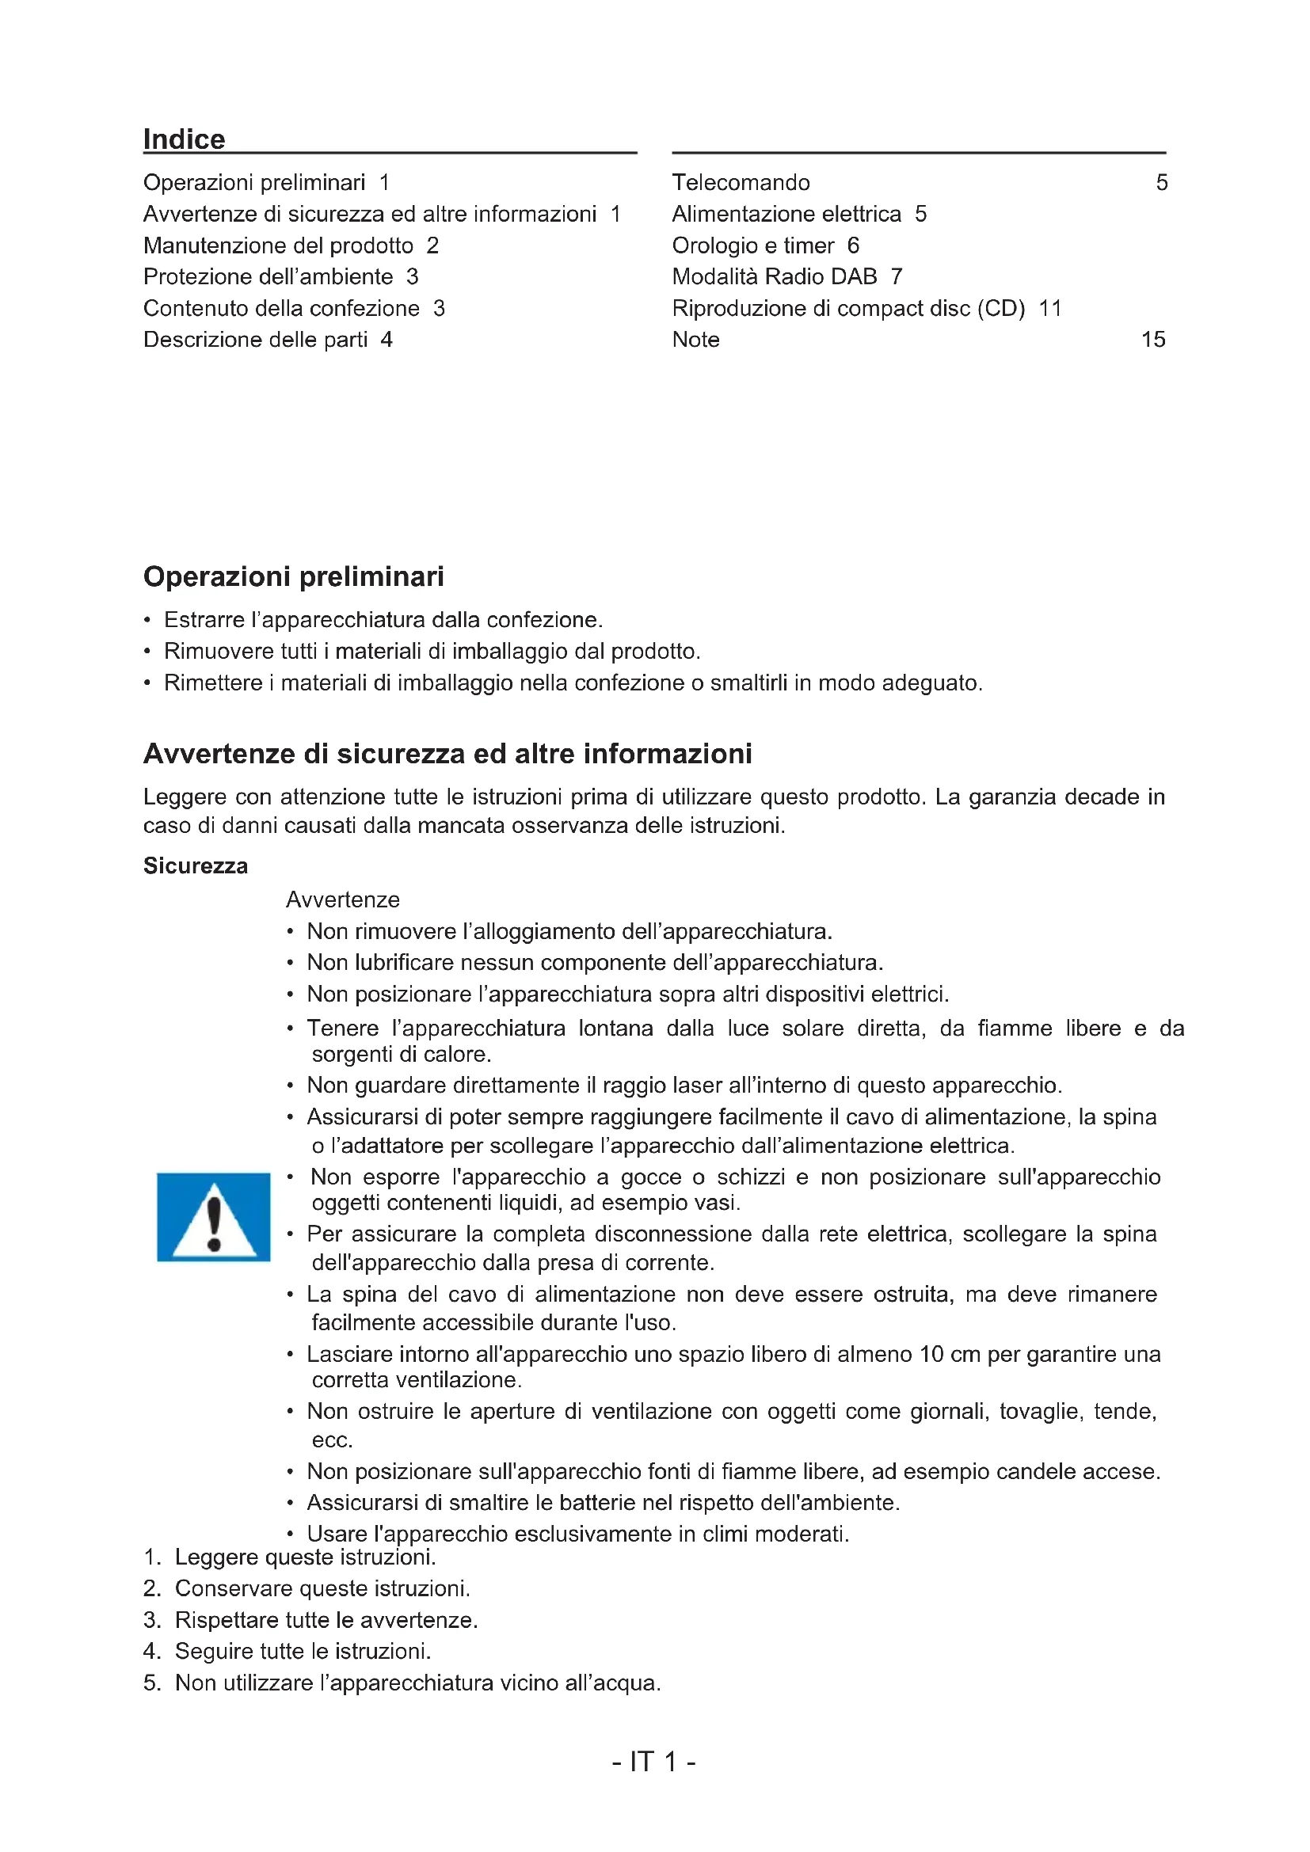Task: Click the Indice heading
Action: pyautogui.click(x=184, y=139)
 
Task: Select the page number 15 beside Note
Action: pyautogui.click(x=1152, y=340)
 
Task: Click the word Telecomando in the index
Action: pyautogui.click(x=741, y=182)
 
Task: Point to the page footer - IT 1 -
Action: pyautogui.click(x=653, y=1762)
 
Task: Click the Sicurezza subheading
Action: pyautogui.click(x=195, y=865)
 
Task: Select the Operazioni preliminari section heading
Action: pyautogui.click(x=294, y=576)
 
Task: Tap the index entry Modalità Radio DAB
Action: pyautogui.click(x=775, y=276)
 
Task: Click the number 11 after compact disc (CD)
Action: pyautogui.click(x=1049, y=308)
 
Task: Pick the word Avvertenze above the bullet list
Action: pyautogui.click(x=343, y=899)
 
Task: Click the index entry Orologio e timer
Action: pyautogui.click(x=752, y=245)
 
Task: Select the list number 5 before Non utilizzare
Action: pyautogui.click(x=151, y=1683)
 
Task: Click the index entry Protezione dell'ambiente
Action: pyautogui.click(x=268, y=276)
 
